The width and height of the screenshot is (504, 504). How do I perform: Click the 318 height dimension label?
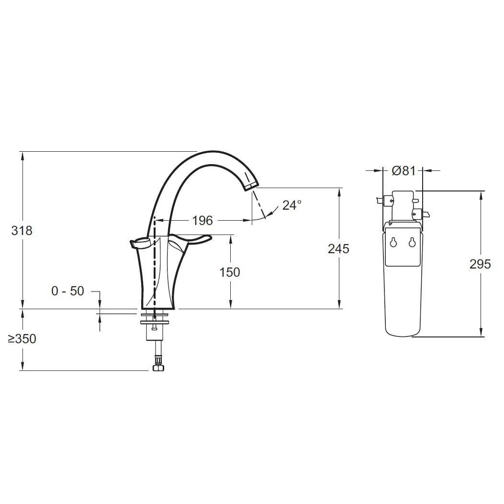click(x=22, y=231)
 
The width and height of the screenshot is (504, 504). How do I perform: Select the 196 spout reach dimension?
click(x=202, y=221)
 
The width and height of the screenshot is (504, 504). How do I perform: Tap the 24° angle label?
click(x=292, y=205)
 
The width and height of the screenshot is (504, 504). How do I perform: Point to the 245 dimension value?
click(x=338, y=249)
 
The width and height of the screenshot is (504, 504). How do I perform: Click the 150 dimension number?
click(x=229, y=272)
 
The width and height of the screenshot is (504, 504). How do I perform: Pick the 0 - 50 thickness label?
click(x=67, y=291)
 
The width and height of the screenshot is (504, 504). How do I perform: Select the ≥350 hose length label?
click(x=22, y=339)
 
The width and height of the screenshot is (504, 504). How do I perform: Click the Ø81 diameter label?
click(x=403, y=171)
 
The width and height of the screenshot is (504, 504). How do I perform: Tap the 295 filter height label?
click(x=480, y=264)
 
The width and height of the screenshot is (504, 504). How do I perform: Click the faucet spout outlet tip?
click(x=251, y=186)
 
